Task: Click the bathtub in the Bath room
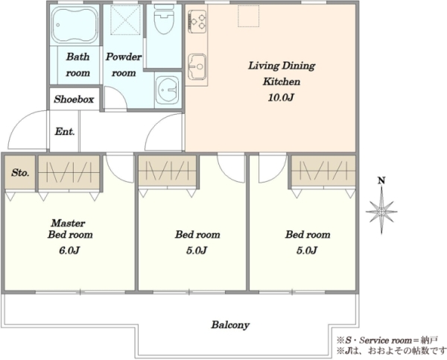75,25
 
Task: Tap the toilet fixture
164,21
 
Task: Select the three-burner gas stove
197,20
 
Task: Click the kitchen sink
197,67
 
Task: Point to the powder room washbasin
168,89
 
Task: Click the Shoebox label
74,99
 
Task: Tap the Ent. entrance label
65,131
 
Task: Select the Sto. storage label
20,173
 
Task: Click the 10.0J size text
281,98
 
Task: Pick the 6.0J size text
69,250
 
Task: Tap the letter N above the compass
381,180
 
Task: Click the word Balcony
230,325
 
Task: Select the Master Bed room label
70,229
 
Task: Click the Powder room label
124,65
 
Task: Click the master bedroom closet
69,172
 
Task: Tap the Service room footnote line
387,341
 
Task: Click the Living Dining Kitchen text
282,74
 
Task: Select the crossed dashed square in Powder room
126,20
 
